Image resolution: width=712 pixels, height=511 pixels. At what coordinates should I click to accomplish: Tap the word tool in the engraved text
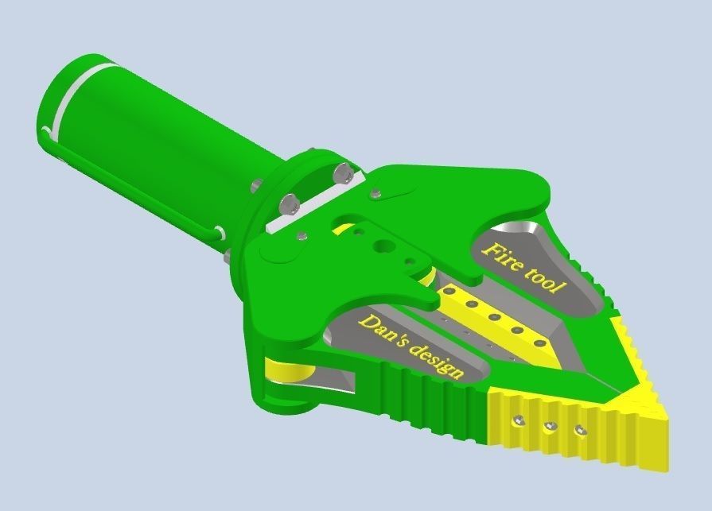547,278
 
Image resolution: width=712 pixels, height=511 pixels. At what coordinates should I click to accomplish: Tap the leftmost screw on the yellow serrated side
519,419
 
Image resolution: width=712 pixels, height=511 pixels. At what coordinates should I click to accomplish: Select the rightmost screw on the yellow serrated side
580,431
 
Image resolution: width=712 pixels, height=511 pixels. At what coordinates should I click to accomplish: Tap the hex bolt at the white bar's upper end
343,173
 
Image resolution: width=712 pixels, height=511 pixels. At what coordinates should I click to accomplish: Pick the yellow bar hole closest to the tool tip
540,343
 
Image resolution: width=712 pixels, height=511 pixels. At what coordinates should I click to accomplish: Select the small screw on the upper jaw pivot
375,191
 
